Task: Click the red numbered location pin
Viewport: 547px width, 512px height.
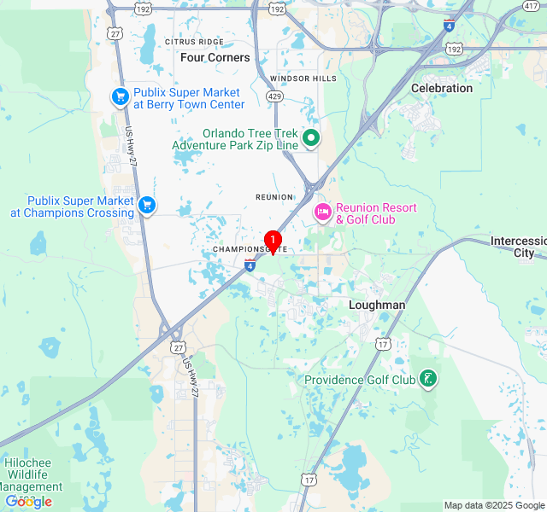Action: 273,241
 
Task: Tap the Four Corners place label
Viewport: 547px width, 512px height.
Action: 215,57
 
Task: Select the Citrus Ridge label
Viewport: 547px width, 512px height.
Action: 194,41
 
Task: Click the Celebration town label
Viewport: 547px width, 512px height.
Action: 442,88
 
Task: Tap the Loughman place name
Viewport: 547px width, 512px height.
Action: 377,305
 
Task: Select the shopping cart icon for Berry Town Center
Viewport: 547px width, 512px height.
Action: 121,97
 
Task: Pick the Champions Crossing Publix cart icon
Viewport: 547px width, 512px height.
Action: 147,205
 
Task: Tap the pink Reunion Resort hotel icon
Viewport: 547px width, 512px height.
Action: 322,212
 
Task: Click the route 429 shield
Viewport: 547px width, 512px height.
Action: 274,97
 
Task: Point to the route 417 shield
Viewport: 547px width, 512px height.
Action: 530,6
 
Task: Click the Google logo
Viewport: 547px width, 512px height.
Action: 28,502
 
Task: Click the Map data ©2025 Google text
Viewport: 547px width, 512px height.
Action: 494,505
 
